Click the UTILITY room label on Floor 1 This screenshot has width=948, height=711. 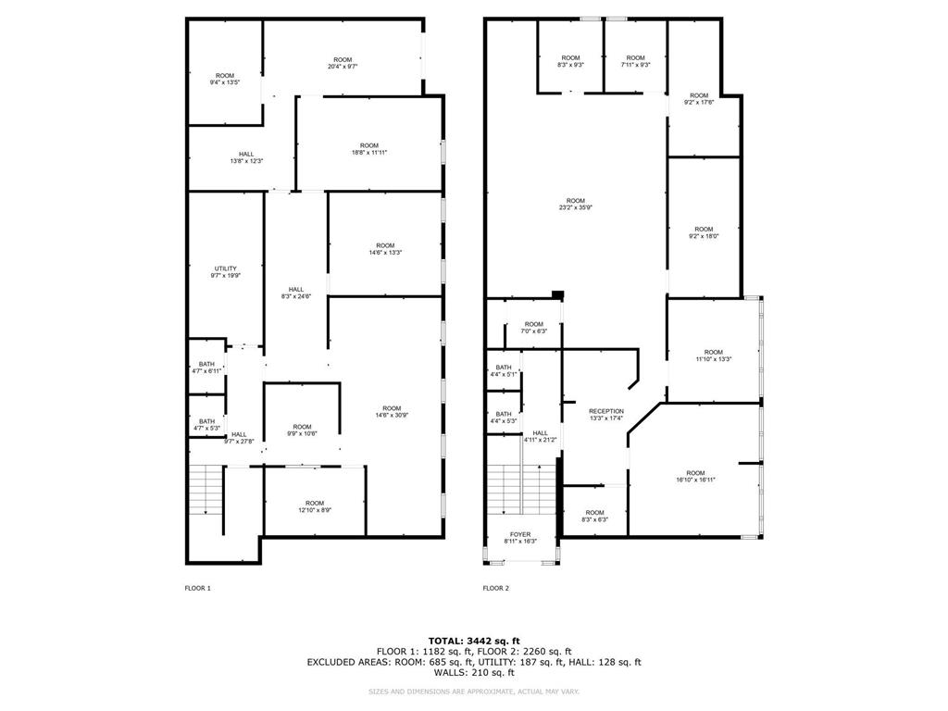[x=224, y=268]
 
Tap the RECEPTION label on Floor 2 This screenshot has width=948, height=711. [x=606, y=411]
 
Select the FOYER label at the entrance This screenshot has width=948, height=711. [x=520, y=534]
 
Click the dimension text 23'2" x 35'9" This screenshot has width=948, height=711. [x=575, y=207]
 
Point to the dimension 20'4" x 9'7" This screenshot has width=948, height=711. [x=343, y=67]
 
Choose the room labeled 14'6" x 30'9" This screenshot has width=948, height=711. [x=392, y=413]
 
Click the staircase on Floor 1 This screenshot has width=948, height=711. [x=206, y=491]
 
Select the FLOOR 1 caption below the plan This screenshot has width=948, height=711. [x=198, y=588]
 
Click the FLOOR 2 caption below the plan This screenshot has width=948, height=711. [x=495, y=588]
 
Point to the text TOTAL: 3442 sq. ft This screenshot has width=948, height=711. [x=474, y=641]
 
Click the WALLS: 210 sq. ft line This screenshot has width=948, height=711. [x=474, y=673]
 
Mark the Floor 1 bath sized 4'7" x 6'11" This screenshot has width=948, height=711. [x=207, y=368]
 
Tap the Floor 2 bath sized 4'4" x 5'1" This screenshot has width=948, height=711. [x=504, y=371]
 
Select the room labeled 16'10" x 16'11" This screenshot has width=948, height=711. [x=695, y=477]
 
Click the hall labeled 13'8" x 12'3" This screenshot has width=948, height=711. [x=246, y=158]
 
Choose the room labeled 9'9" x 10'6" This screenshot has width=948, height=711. [x=302, y=430]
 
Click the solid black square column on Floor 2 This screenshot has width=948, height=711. [x=556, y=294]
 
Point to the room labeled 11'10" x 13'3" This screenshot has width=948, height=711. [x=713, y=355]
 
